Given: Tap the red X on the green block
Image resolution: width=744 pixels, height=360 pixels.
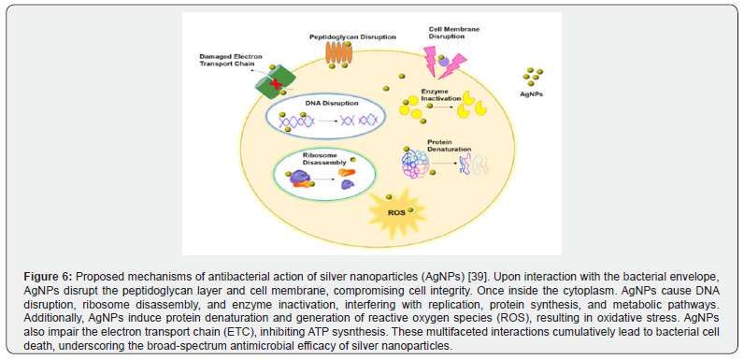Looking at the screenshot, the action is pos(274,85).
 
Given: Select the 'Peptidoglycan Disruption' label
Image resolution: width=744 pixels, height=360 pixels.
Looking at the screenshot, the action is pos(352,36).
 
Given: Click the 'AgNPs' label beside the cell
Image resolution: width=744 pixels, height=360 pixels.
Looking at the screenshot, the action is pos(532,94).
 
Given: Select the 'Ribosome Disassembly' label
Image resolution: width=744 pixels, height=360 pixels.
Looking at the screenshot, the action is pos(319,159).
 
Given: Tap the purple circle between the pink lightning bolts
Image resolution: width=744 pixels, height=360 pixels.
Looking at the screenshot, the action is pos(443,61).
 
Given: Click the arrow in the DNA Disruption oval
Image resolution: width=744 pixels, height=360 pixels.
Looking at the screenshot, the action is pos(327,122).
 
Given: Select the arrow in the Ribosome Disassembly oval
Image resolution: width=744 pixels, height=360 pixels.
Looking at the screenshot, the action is pos(324,180).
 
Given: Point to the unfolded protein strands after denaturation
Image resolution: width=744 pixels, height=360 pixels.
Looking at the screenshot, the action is pos(473,164).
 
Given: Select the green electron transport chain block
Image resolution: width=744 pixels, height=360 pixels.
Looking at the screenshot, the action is pos(275,81).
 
